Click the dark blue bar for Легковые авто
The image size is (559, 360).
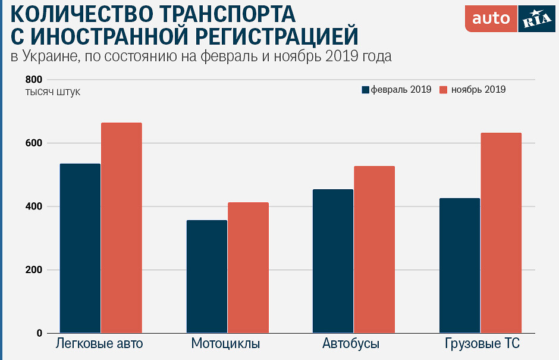point(80,248)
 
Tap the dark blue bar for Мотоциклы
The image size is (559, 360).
point(207,276)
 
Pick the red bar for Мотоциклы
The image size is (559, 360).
point(248,267)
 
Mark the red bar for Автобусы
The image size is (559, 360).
point(375,249)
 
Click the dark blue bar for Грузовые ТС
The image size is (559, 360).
point(460,265)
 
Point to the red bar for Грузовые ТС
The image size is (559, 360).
point(501,233)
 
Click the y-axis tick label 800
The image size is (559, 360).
point(34,80)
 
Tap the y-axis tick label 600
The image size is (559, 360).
point(34,143)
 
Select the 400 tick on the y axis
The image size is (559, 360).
point(34,206)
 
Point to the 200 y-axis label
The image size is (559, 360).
point(34,270)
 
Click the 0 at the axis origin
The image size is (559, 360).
point(39,333)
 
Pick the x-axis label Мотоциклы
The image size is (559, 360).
point(226,344)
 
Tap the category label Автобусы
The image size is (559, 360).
point(351,344)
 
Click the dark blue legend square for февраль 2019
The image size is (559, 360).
point(366,90)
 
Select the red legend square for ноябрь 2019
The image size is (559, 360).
point(443,90)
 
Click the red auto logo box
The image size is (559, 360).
point(491,18)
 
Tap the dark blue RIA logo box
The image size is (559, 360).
point(536,18)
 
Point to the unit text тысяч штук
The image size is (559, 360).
point(52,92)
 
